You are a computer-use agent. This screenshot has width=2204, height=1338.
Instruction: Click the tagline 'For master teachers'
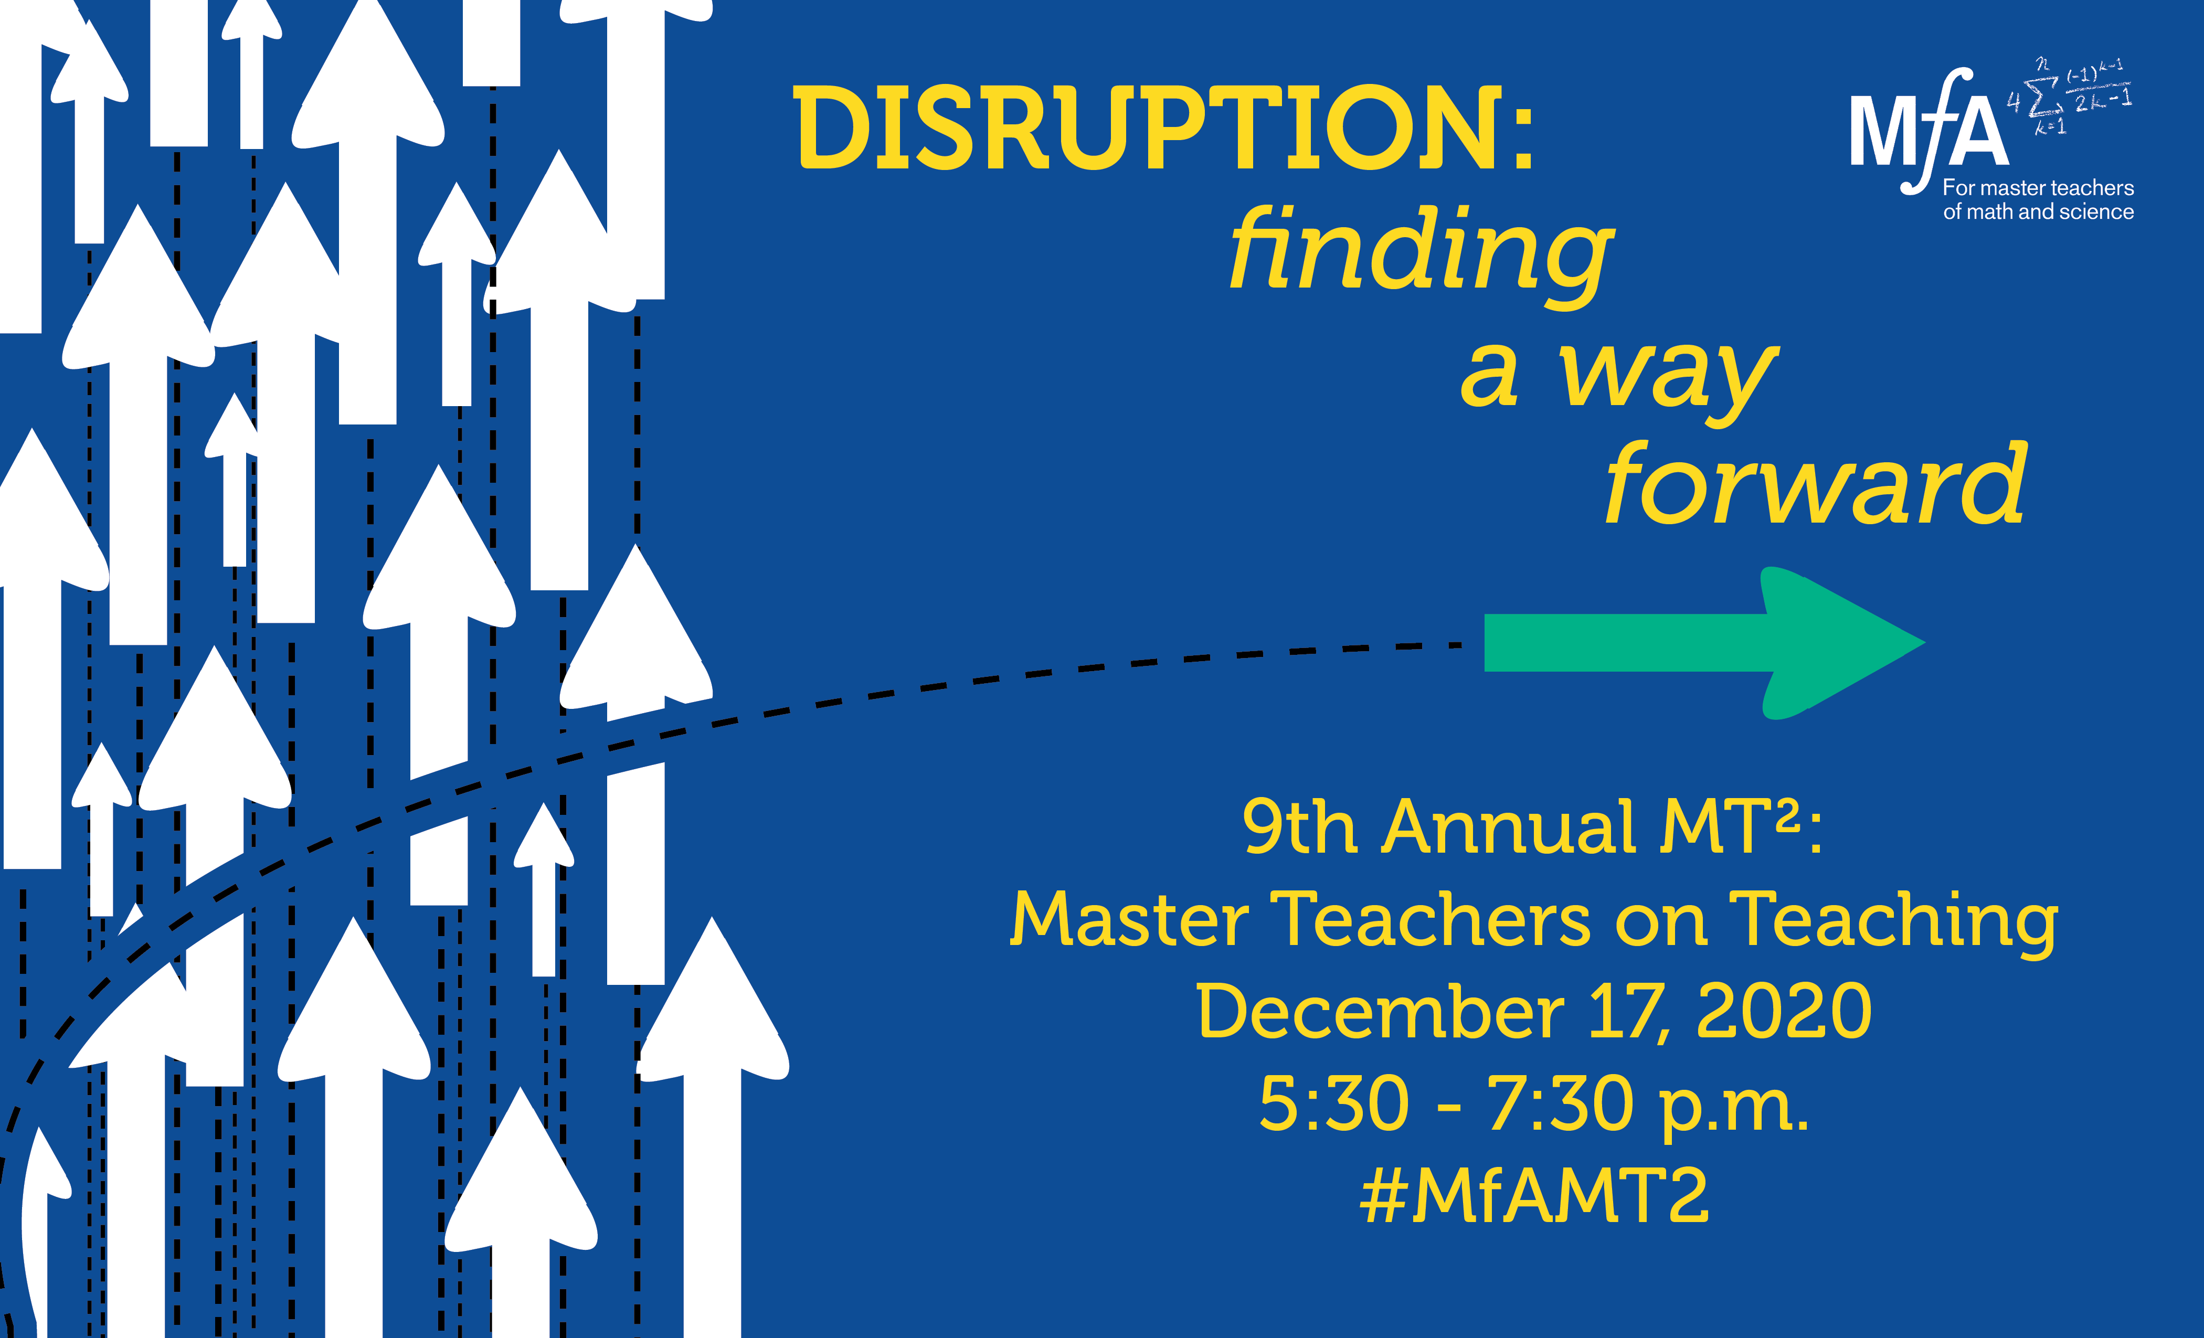[2038, 188]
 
